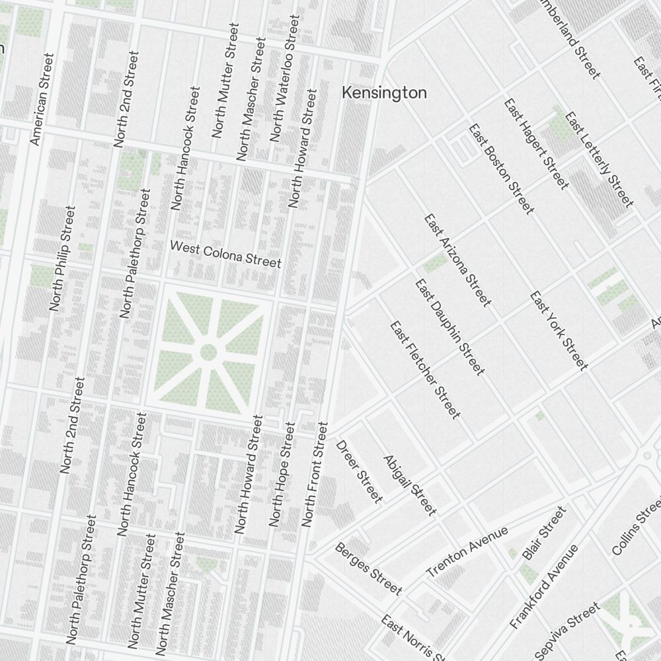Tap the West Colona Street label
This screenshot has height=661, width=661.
click(x=225, y=254)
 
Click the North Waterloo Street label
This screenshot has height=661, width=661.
click(x=284, y=79)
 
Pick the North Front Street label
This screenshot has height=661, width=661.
click(x=315, y=474)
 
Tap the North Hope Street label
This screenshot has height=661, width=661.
click(x=281, y=475)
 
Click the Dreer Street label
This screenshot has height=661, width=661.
click(x=360, y=471)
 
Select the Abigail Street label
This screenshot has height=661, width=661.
click(x=410, y=485)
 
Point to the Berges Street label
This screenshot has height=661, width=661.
click(x=368, y=568)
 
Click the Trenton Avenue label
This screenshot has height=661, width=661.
click(x=467, y=551)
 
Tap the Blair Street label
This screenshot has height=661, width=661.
click(x=545, y=533)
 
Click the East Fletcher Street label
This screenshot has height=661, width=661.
click(x=424, y=369)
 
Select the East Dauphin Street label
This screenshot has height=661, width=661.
click(x=449, y=327)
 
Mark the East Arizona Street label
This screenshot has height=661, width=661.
click(x=458, y=260)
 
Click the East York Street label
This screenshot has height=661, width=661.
click(x=558, y=330)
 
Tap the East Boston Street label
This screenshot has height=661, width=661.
click(x=500, y=169)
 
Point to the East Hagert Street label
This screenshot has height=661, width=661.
click(x=535, y=143)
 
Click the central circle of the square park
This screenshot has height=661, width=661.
click(x=208, y=352)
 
